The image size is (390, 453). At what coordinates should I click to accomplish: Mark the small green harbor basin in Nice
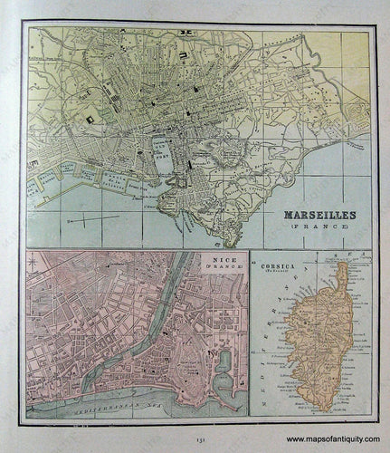[224, 361]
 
